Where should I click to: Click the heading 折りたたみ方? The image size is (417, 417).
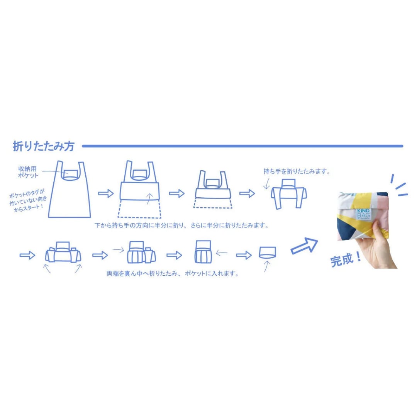click(43, 146)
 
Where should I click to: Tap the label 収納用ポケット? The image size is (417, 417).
click(29, 172)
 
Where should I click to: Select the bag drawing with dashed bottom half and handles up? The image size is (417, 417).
click(140, 189)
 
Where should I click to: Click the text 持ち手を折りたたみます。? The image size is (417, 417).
click(297, 171)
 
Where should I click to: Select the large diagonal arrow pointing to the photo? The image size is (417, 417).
click(304, 246)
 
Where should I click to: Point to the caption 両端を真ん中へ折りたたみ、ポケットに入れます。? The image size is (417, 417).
click(172, 274)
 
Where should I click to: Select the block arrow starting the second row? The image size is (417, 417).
click(27, 255)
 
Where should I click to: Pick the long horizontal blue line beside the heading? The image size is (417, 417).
click(242, 146)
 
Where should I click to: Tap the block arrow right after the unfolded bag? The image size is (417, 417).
click(105, 193)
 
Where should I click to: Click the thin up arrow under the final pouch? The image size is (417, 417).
click(266, 266)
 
